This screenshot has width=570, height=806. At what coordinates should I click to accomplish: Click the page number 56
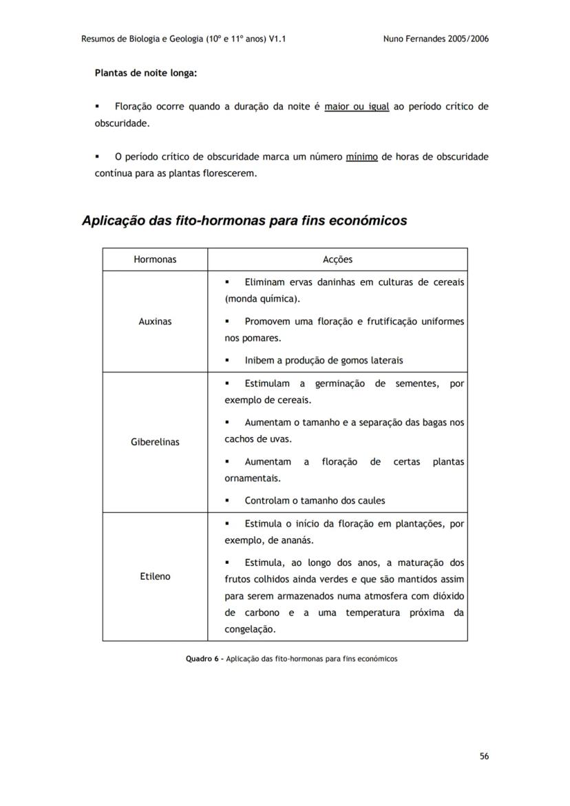(x=484, y=756)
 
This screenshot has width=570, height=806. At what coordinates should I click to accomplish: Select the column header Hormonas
(x=155, y=259)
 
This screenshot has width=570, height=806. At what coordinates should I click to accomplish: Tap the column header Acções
(x=337, y=259)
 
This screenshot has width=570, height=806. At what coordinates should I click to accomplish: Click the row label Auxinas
(x=155, y=321)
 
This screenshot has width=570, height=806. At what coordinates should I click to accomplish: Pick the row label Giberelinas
(x=155, y=442)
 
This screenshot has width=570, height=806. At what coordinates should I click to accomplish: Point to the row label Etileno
(x=155, y=576)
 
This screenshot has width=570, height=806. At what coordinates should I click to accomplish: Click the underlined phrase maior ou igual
(x=357, y=107)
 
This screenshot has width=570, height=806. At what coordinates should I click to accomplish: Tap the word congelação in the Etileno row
(x=250, y=629)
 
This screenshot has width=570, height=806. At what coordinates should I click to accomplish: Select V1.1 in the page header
(x=277, y=39)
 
